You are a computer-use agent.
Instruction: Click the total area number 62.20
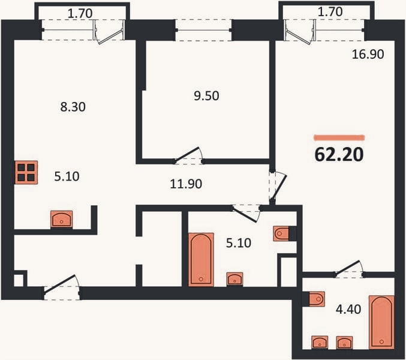[339, 154]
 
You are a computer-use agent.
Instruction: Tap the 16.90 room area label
[368, 54]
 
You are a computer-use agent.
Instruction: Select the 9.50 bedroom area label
[206, 96]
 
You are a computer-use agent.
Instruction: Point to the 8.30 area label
[73, 107]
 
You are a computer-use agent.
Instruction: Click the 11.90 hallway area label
[186, 184]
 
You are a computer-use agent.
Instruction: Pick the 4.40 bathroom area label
[348, 309]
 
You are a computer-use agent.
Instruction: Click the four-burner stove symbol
[26, 172]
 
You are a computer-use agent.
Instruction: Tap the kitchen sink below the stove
[61, 219]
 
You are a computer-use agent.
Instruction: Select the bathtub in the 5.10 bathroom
[201, 260]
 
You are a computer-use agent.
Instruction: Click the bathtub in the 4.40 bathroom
[381, 322]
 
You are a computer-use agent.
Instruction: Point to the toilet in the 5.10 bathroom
[281, 233]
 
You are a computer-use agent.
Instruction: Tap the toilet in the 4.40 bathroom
[317, 299]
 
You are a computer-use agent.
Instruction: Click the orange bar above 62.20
[339, 137]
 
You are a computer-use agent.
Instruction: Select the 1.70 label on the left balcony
[80, 13]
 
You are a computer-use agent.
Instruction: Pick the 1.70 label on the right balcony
[330, 11]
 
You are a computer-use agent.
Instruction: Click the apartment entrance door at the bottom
[62, 287]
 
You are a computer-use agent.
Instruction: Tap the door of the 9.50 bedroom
[189, 156]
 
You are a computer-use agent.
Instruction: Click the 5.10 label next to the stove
[67, 176]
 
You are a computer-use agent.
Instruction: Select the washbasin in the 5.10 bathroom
[234, 279]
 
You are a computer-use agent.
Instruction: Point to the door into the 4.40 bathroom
[349, 269]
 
